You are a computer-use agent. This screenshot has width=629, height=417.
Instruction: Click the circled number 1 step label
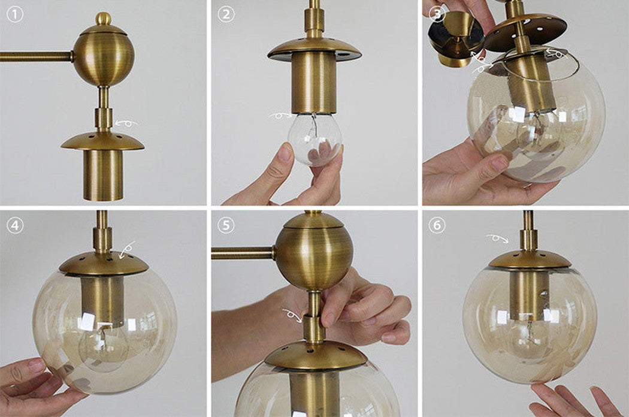point(15,15)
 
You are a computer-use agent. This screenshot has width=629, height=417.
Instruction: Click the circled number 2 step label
point(226,15)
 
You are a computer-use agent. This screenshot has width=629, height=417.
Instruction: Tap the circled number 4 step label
point(15,225)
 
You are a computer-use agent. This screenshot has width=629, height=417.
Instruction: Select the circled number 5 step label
point(226,225)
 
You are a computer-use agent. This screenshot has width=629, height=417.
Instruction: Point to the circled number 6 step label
point(437,225)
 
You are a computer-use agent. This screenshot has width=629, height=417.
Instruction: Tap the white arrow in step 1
point(126,122)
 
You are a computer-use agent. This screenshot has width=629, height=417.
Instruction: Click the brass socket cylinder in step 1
point(104,175)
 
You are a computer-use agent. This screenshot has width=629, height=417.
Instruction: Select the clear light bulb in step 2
point(315,139)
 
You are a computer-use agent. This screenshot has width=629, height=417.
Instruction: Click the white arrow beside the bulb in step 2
point(281,116)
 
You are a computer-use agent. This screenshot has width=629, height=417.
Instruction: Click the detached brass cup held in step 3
point(455,38)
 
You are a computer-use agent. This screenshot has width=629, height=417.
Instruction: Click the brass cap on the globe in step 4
point(104,264)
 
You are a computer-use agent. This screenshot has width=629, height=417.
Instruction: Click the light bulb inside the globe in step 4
point(104,347)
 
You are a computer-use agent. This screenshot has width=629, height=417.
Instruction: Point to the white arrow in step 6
point(497,238)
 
